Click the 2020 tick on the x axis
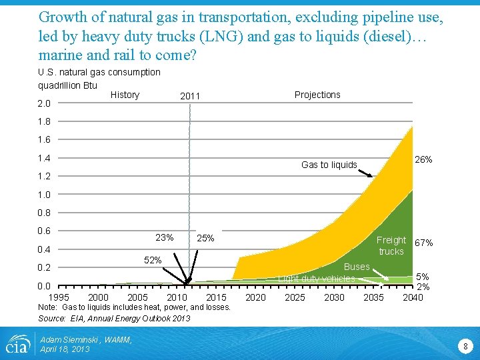255,297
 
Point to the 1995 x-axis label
59,297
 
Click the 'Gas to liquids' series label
329,165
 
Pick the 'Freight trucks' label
391,245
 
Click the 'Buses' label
357,267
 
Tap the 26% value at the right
423,159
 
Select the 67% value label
423,243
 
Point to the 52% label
153,260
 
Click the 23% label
164,238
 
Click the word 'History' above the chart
125,95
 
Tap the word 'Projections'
317,95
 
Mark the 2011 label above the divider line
190,97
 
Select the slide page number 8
466,346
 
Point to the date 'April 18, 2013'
65,349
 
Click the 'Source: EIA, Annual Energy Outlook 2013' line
114,318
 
